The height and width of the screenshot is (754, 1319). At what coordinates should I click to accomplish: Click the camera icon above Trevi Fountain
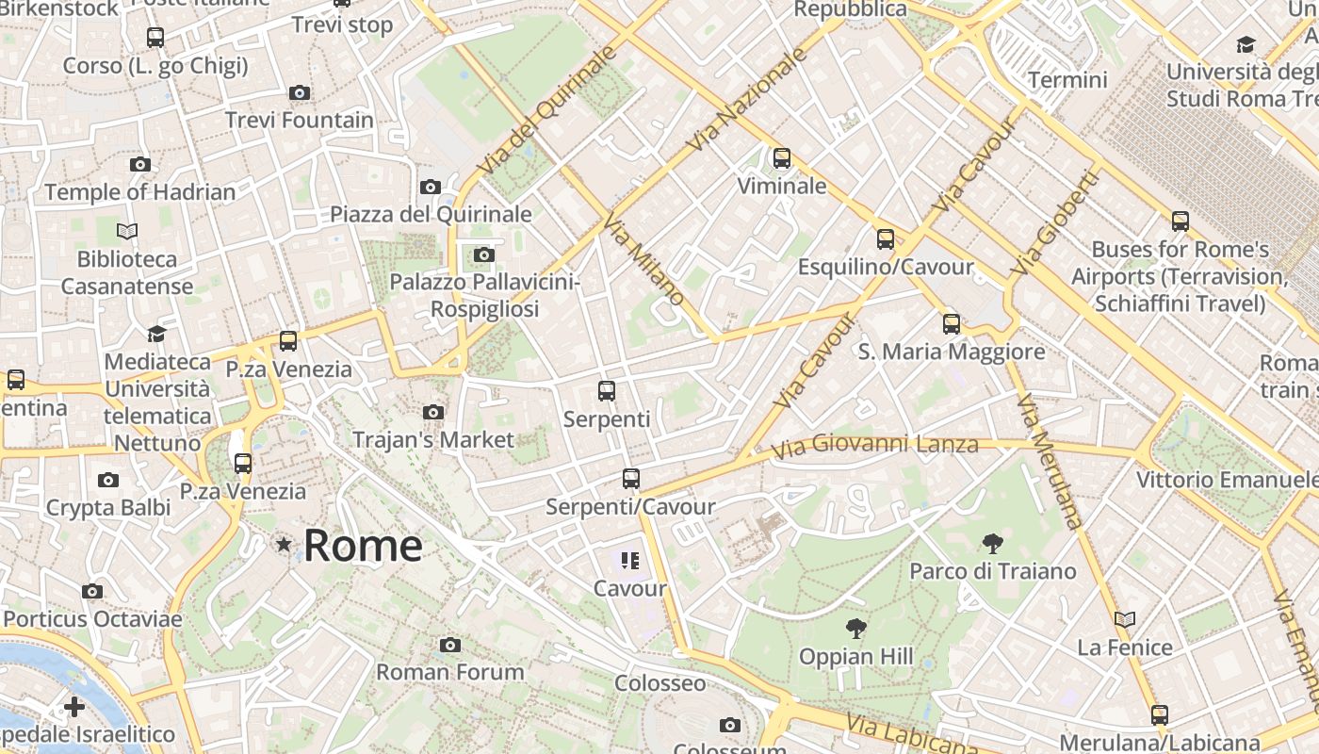pos(300,92)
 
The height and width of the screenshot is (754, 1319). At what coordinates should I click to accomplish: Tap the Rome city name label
pos(363,546)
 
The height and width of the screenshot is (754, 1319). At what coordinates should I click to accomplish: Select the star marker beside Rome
pos(284,545)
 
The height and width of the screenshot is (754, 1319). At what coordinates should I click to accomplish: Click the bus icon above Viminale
pos(782,158)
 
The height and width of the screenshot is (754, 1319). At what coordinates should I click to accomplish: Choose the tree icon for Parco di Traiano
pos(992,543)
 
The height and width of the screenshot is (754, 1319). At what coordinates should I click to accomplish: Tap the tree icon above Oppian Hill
pos(856,628)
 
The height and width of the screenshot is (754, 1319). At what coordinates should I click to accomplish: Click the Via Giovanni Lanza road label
pos(875,444)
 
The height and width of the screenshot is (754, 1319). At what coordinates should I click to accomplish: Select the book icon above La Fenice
pos(1125,619)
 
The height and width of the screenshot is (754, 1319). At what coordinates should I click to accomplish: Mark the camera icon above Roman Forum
pos(450,645)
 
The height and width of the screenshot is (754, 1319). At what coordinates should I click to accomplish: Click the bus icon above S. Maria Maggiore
pos(952,324)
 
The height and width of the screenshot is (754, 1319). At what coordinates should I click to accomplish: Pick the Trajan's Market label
pos(433,439)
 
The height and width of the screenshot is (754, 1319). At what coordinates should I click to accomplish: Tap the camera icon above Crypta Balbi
pos(108,481)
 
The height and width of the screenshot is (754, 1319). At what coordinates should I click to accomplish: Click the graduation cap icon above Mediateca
pos(156,335)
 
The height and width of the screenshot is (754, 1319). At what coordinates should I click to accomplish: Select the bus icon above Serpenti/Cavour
pos(631,479)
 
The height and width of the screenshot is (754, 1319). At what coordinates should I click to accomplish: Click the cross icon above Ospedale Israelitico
pos(74,707)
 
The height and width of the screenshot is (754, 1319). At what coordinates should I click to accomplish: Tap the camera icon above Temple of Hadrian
pos(140,165)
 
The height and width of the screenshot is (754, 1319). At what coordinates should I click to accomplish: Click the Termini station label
pos(1067,80)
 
